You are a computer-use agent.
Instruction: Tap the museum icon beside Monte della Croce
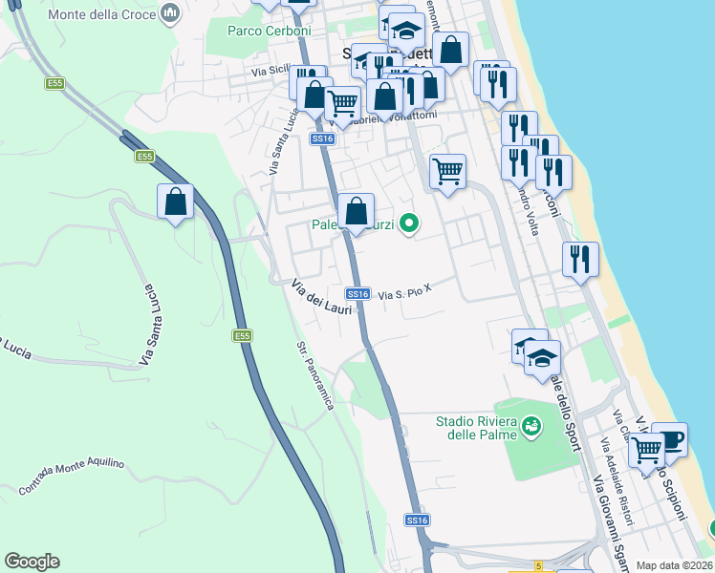point(171,13)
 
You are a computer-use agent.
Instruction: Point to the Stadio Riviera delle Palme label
point(476,428)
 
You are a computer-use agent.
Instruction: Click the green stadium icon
point(531,427)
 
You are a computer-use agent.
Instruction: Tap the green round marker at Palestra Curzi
point(409,224)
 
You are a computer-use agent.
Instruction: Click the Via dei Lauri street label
point(321,296)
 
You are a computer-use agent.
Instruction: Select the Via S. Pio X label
point(406,295)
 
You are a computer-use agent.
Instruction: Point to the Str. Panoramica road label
point(315,375)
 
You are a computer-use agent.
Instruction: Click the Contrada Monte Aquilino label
point(71,477)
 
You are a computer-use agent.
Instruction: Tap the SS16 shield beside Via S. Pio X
point(357,294)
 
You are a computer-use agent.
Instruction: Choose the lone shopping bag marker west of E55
point(176,202)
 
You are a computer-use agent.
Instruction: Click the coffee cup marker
point(669,440)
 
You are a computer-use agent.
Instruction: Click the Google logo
point(32,562)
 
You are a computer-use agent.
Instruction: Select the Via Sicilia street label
point(271,71)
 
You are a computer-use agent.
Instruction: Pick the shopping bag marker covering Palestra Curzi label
point(356,211)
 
